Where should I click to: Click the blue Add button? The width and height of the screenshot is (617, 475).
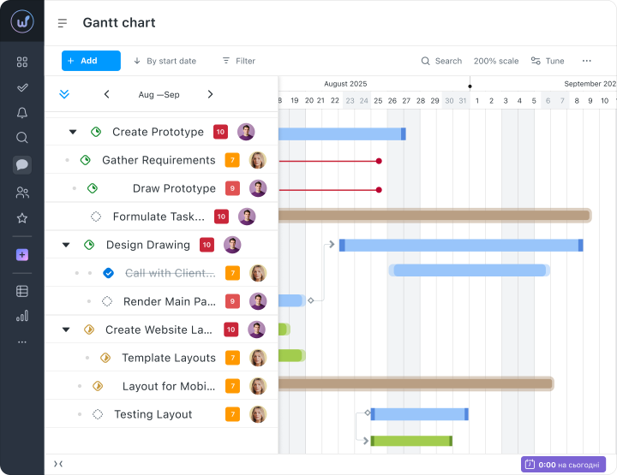pyautogui.click(x=91, y=61)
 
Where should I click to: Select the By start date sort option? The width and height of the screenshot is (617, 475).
pyautogui.click(x=165, y=61)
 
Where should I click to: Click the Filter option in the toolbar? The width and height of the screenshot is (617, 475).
pyautogui.click(x=239, y=61)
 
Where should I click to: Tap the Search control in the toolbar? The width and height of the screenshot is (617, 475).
pyautogui.click(x=441, y=61)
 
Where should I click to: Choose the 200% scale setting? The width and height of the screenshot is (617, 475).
pyautogui.click(x=496, y=61)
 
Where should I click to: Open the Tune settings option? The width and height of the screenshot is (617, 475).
pyautogui.click(x=548, y=61)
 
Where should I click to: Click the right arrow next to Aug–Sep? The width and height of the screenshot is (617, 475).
pyautogui.click(x=210, y=94)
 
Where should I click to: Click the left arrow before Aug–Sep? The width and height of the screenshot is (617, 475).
pyautogui.click(x=106, y=94)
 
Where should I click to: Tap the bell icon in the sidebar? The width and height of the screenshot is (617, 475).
pyautogui.click(x=22, y=113)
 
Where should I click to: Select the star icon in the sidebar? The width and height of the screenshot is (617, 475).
pyautogui.click(x=22, y=218)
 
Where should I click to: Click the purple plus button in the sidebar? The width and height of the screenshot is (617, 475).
pyautogui.click(x=22, y=255)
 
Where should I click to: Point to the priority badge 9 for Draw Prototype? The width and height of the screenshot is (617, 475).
pyautogui.click(x=232, y=188)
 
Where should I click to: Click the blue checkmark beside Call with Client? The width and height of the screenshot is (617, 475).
pyautogui.click(x=108, y=273)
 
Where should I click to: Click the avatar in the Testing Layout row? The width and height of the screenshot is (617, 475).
pyautogui.click(x=258, y=414)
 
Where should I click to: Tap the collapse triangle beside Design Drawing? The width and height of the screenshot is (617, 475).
pyautogui.click(x=66, y=245)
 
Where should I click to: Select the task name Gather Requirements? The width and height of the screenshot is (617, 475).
pyautogui.click(x=159, y=160)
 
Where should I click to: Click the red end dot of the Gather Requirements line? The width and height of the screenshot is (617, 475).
pyautogui.click(x=379, y=161)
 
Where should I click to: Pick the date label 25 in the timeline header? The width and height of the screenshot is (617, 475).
pyautogui.click(x=378, y=101)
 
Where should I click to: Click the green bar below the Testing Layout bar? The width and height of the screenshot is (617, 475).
pyautogui.click(x=411, y=441)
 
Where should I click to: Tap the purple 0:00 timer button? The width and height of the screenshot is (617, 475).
pyautogui.click(x=563, y=465)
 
